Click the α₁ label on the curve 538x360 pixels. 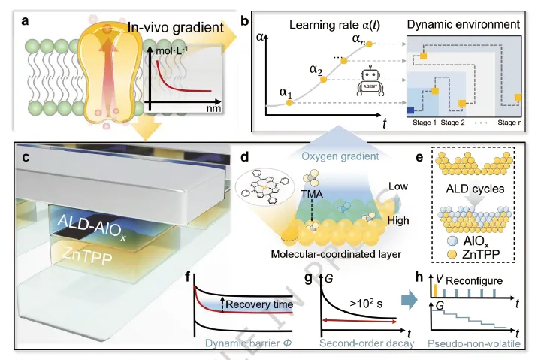pyautogui.click(x=284, y=93)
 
